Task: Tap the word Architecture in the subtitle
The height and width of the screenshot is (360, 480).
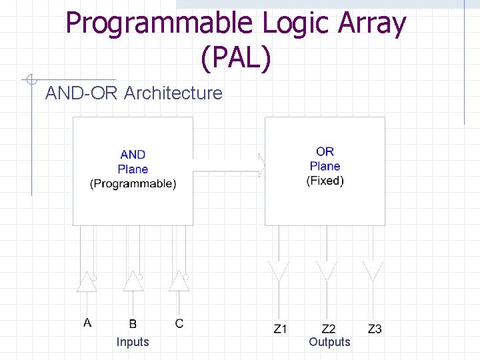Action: click(x=173, y=93)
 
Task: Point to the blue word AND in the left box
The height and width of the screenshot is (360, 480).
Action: click(x=133, y=155)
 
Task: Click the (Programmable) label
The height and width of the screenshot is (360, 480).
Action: click(x=133, y=183)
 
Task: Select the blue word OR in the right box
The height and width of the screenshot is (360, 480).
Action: click(x=325, y=152)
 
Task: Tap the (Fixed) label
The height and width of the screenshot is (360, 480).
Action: click(x=325, y=181)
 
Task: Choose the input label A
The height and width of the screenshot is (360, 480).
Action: click(x=87, y=323)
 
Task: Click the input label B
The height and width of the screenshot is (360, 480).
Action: click(x=133, y=323)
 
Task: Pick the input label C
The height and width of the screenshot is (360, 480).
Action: click(x=179, y=323)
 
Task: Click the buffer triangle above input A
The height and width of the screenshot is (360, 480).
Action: click(x=87, y=282)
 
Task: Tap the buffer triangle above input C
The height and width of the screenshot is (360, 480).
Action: click(x=178, y=282)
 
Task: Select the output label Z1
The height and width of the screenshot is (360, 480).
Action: click(x=281, y=329)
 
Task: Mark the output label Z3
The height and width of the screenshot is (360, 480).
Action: click(x=375, y=329)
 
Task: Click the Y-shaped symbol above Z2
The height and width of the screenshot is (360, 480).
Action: click(x=326, y=271)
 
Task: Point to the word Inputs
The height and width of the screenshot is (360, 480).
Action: click(x=133, y=342)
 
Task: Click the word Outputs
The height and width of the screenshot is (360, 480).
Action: click(x=329, y=342)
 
